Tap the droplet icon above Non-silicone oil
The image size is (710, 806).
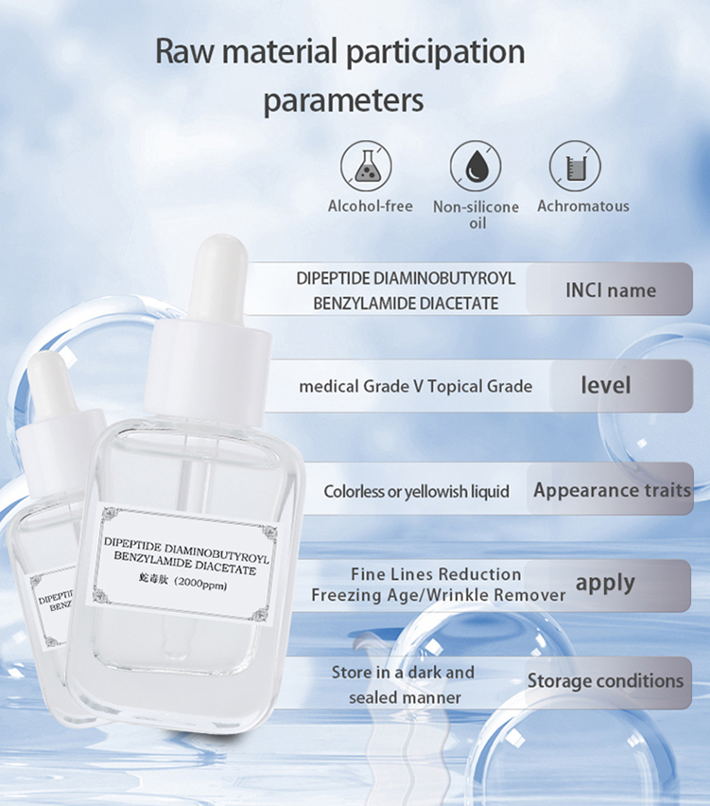coord(476,166)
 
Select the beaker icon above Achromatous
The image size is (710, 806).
coord(576,166)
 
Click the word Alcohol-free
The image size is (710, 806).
coord(371,205)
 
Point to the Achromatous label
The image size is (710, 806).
coord(582,205)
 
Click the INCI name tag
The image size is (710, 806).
coord(610,289)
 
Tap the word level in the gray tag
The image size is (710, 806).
coord(605,385)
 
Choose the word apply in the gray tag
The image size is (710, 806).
coord(605,583)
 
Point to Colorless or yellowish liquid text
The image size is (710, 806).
coord(416,492)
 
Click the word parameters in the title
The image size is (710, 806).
coord(343,100)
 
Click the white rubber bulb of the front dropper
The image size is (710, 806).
coord(215,274)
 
